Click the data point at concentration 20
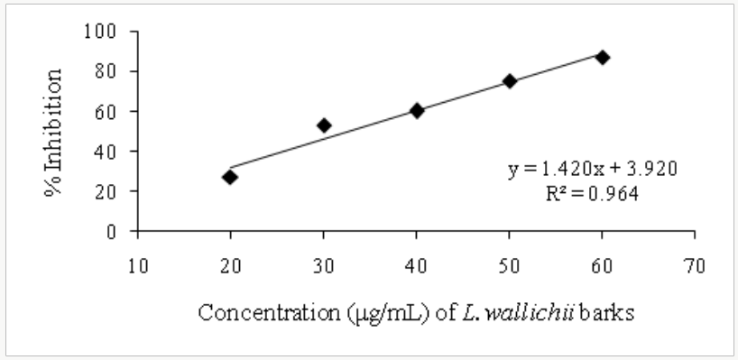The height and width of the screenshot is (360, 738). (x=230, y=177)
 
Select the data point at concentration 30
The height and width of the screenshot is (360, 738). (x=324, y=125)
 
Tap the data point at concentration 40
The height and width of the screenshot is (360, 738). (x=417, y=110)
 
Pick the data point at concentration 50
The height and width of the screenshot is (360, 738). (x=510, y=81)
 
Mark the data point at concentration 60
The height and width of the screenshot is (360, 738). (x=603, y=57)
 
